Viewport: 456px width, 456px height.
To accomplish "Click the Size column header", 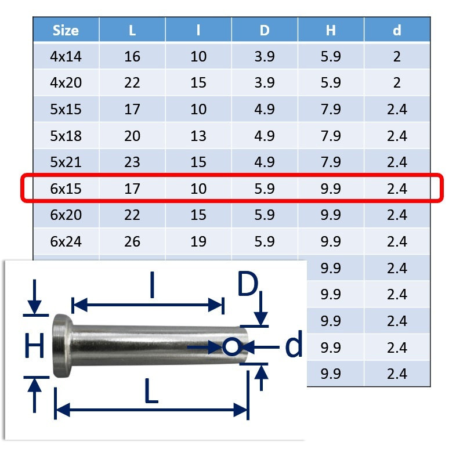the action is click(66, 30).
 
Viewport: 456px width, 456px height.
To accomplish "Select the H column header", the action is click(331, 30).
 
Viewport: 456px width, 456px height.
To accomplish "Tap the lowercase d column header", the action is click(397, 30).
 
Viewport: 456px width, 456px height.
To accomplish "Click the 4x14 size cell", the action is click(66, 56).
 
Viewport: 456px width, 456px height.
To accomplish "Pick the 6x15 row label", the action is click(66, 189).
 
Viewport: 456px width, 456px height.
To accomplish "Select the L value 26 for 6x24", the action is click(132, 242).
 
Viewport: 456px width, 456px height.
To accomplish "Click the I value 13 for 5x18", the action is click(198, 136).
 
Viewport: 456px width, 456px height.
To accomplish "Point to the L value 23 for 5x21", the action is click(132, 162).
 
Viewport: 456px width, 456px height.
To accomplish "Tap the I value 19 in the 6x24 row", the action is click(198, 242).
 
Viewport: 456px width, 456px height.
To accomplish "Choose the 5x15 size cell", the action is click(66, 109).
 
